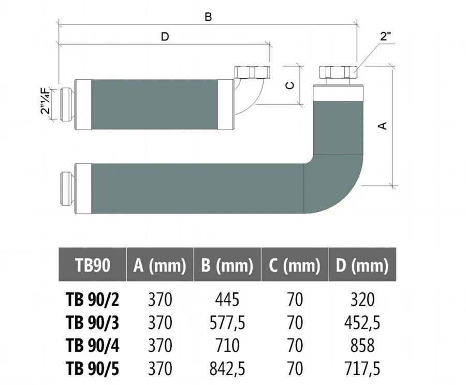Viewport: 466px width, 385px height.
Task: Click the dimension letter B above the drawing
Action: [208, 17]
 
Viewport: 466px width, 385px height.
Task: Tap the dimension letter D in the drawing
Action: [165, 37]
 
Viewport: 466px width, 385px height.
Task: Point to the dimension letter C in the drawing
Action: [290, 85]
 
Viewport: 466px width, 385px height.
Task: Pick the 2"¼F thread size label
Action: [46, 101]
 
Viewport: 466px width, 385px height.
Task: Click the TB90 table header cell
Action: [93, 264]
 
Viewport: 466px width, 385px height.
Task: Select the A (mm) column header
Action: [160, 264]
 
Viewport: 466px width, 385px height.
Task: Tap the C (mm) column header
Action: [295, 264]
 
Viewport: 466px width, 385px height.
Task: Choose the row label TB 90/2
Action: [93, 300]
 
